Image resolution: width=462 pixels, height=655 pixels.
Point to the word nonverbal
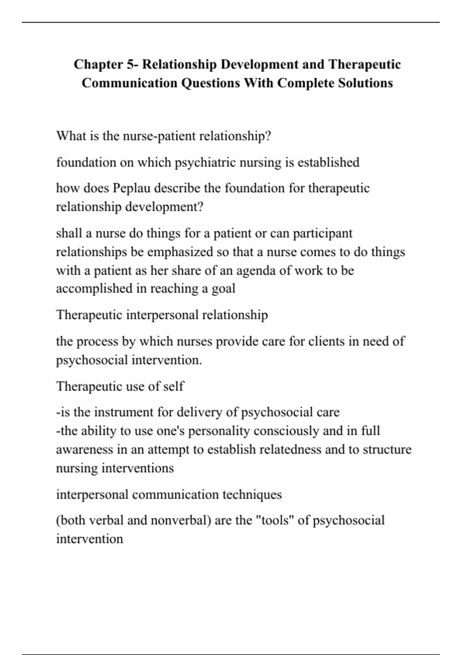(181, 520)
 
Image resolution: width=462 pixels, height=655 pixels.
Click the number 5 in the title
(130, 64)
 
